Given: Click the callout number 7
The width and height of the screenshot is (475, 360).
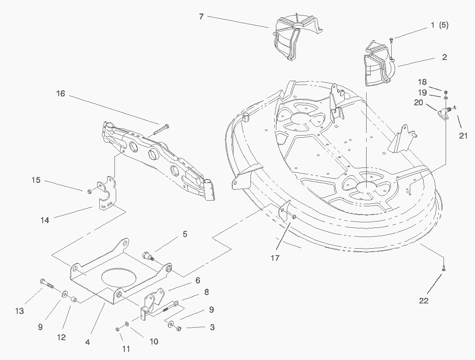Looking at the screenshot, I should coord(201,17).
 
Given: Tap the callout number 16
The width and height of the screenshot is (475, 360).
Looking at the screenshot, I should coord(60,93).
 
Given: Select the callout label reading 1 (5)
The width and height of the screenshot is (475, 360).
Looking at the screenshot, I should coord(439,25).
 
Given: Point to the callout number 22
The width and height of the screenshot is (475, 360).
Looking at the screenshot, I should coord(424,300).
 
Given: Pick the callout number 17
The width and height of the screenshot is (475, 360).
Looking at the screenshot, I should coord(275,258).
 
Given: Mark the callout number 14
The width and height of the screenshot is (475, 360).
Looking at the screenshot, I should coord(44,220).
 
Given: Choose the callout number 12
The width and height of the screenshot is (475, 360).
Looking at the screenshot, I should coord(61,337).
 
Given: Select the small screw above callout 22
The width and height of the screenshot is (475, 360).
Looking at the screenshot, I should coord(444,269).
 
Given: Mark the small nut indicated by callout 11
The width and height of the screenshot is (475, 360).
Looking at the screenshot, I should coord(118,330).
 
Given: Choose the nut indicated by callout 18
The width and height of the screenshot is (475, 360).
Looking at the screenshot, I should coord(446,92).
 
